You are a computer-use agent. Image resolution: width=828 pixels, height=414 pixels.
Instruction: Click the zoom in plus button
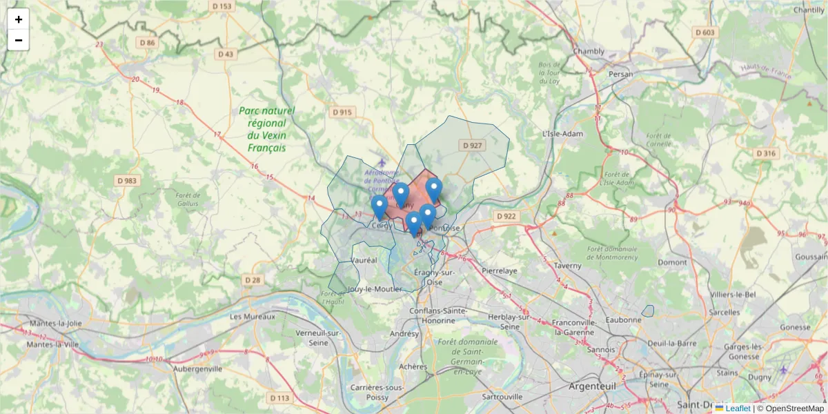(19, 19)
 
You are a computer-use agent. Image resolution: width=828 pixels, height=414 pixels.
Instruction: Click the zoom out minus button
(19, 40)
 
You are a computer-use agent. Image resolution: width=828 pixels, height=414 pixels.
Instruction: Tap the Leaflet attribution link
(738, 408)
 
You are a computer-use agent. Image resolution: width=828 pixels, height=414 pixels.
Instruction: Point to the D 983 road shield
(127, 181)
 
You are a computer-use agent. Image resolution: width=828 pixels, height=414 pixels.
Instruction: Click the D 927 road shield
(472, 146)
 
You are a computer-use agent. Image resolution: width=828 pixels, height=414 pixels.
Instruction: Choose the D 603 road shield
(705, 32)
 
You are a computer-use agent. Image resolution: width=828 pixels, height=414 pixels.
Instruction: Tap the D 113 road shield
(280, 398)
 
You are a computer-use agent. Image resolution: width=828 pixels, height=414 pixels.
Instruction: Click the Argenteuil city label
(591, 386)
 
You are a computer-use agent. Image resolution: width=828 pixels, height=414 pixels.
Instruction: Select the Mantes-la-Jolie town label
(55, 323)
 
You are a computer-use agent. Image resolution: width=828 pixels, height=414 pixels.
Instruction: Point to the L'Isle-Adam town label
(563, 133)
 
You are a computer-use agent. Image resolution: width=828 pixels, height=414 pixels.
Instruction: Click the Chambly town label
(589, 51)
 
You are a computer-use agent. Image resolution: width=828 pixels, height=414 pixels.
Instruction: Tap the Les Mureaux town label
(252, 317)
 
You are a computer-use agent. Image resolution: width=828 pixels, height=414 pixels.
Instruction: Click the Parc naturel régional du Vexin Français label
(266, 129)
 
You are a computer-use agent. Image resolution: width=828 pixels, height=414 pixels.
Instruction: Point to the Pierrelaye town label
(500, 271)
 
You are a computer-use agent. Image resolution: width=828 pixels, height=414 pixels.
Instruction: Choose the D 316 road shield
(767, 153)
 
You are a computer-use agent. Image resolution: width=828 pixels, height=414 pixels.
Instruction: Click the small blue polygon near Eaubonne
(647, 311)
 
